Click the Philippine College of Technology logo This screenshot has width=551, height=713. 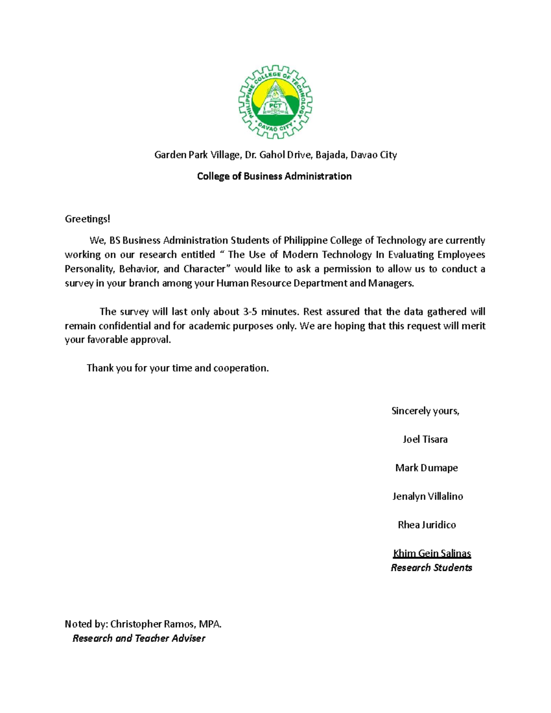pos(275,101)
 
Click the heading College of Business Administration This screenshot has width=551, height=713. pos(274,176)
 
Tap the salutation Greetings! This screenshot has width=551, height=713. pos(87,219)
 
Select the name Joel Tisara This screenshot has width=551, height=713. pos(425,439)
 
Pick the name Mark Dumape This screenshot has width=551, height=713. pos(426,468)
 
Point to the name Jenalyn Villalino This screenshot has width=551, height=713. pos(427,496)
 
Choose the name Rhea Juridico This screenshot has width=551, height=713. pos(427,525)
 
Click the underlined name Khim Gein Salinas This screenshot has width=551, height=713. pos(432,553)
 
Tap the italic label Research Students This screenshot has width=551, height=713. pos(431,568)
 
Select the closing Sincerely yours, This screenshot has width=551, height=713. pos(425,411)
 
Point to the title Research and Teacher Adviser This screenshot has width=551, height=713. pos(139,638)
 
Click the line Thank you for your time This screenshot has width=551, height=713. pos(178,368)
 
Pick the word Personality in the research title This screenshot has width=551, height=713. pos(89,269)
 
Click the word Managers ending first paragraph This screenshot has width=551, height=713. pos(390,283)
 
